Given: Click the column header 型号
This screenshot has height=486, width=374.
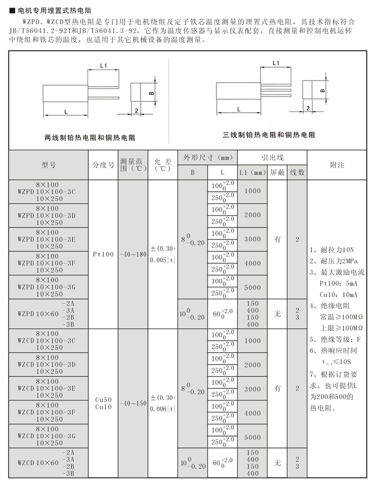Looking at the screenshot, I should tap(48, 165).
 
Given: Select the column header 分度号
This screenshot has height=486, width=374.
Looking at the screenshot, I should tap(104, 165).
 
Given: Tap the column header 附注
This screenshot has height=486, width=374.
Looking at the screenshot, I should tap(337, 165).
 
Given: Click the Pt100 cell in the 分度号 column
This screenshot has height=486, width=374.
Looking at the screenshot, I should tap(104, 253).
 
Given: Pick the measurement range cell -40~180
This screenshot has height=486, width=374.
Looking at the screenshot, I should tap(133, 253).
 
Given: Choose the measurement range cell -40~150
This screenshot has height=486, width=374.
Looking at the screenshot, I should tap(133, 403).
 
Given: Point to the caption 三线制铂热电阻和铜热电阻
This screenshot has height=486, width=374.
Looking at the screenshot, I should tap(269, 134).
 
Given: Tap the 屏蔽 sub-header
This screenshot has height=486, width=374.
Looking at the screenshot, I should tap(277, 172).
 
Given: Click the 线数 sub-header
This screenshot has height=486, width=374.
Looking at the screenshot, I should tap(297, 172).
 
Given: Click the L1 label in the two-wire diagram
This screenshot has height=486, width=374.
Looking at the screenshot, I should tap(104, 66).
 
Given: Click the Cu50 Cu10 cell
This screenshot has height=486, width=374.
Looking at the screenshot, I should tap(104, 403).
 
